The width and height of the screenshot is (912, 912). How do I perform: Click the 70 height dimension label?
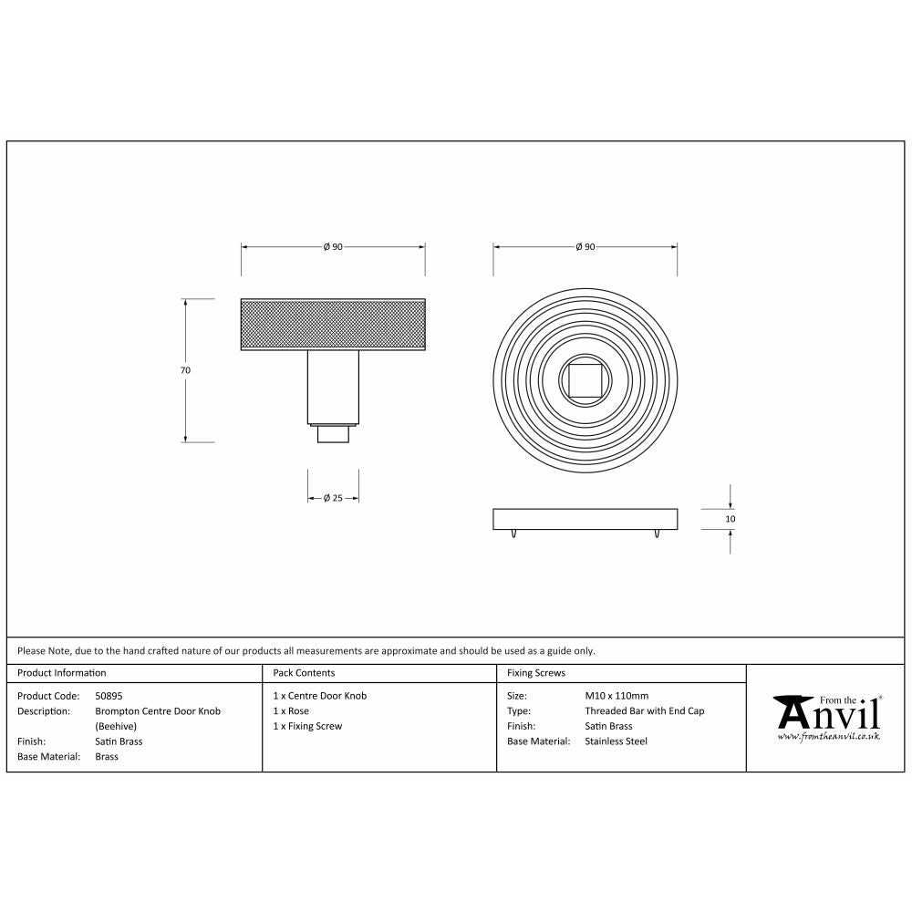[185, 370]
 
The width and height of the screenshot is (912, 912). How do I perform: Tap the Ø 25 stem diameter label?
[333, 498]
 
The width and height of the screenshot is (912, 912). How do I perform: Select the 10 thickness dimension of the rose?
[731, 519]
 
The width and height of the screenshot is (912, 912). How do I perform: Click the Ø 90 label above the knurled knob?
[333, 247]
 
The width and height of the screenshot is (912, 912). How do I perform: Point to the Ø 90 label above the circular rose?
[585, 247]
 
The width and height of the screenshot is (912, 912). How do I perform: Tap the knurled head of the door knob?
[333, 325]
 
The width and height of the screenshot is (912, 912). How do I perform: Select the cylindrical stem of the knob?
[333, 387]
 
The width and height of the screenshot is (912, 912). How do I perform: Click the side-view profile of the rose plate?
[585, 519]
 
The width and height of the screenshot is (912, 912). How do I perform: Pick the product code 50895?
[109, 696]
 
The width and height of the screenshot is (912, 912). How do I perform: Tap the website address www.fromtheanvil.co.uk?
[828, 735]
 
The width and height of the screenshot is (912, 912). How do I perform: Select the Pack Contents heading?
[304, 673]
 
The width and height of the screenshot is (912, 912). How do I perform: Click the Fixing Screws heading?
[536, 673]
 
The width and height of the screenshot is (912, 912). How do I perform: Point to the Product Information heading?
[62, 673]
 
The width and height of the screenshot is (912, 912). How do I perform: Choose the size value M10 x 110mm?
[617, 696]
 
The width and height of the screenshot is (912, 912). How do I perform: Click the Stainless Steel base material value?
[616, 741]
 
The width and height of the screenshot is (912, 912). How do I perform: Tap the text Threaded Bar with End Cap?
[644, 710]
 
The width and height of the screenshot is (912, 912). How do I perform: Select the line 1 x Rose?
[291, 710]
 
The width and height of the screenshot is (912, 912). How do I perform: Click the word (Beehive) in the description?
[116, 726]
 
